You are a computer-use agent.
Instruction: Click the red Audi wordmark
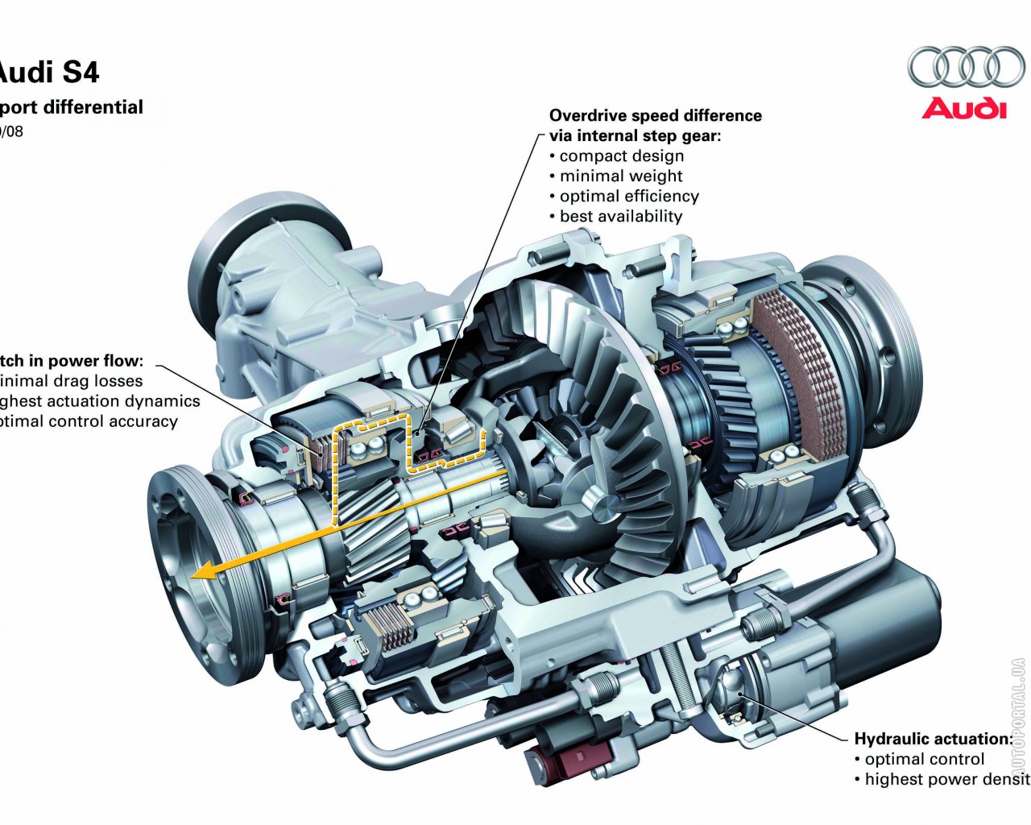(964, 108)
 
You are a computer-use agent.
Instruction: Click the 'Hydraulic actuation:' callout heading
(933, 739)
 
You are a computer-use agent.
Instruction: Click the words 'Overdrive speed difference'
(655, 116)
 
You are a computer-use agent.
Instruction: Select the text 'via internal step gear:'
(635, 136)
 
